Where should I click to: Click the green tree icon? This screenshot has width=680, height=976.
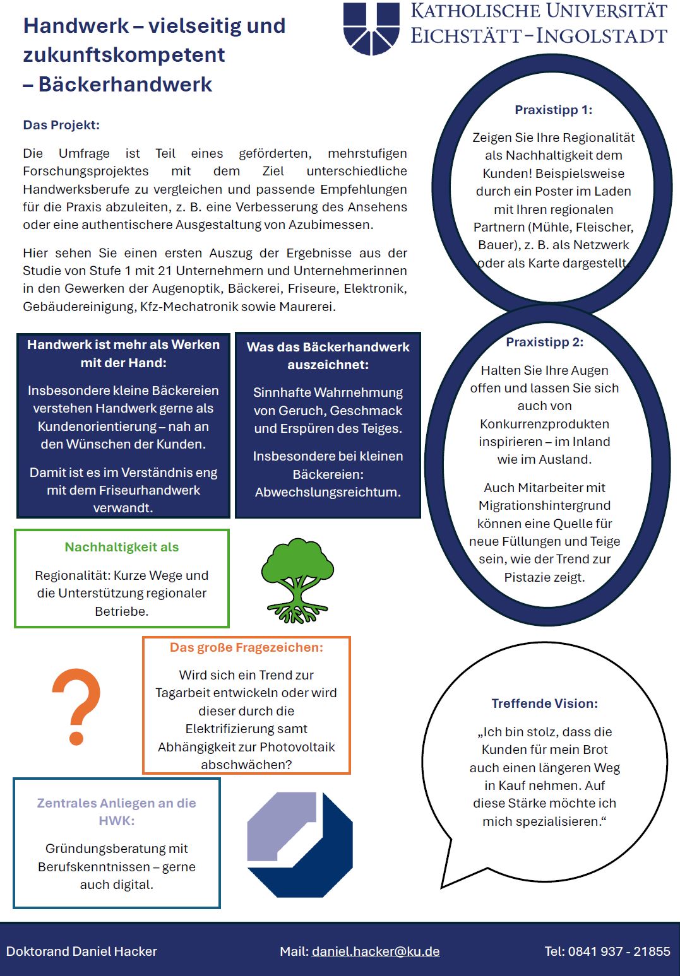(x=297, y=579)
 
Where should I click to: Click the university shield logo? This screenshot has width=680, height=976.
(x=371, y=28)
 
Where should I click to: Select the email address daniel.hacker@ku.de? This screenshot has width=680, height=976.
(x=376, y=951)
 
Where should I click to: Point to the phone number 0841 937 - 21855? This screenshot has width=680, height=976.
(x=619, y=951)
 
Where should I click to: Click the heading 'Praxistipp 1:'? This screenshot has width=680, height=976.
(x=553, y=110)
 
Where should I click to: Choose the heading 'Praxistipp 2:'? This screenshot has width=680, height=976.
(x=544, y=342)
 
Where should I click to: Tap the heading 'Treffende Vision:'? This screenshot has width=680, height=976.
(x=544, y=703)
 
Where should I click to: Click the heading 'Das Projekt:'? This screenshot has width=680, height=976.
(x=61, y=125)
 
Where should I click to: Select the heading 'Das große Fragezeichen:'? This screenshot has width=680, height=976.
(x=246, y=647)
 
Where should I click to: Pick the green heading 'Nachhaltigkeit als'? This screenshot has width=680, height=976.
(x=121, y=547)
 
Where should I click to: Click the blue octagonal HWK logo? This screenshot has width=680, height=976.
(x=300, y=845)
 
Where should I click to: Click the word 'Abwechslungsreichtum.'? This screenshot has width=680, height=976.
(x=328, y=492)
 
